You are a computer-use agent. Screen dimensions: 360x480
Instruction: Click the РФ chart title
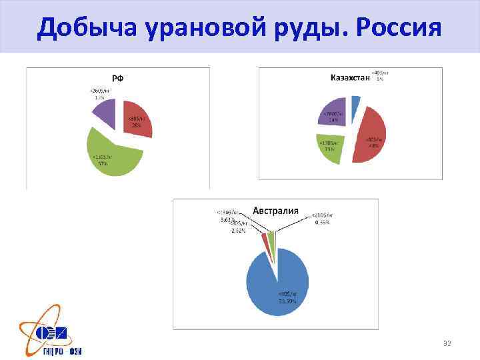[117, 79]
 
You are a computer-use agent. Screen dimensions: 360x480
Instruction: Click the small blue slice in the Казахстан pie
[355, 101]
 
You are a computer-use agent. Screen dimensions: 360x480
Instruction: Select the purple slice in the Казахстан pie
[333, 113]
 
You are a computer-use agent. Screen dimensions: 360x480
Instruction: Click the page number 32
[447, 343]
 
